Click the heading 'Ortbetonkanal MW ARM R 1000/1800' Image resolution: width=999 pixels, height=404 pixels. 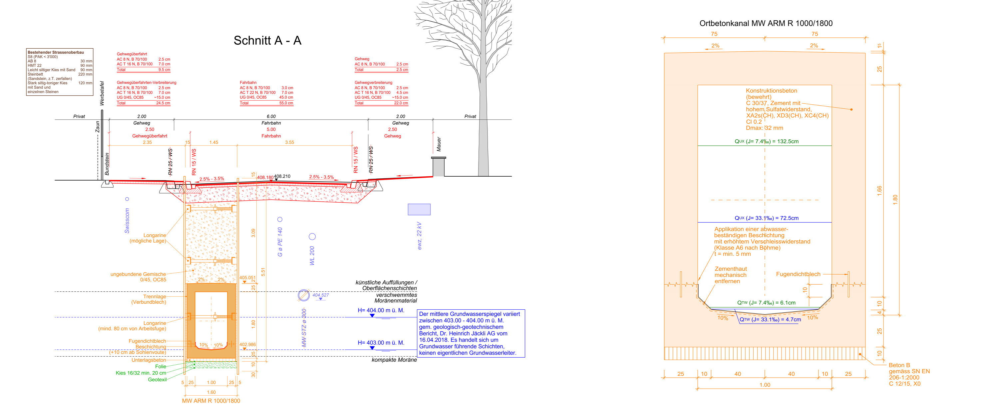[x=766, y=23]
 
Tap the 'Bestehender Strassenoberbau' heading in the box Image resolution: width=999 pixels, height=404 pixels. [x=56, y=52]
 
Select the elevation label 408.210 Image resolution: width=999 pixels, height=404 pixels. [x=282, y=176]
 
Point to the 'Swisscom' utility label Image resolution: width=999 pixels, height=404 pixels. [x=127, y=220]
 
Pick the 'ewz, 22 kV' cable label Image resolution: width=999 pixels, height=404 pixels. [x=419, y=236]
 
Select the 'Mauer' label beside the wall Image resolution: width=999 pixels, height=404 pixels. [x=439, y=144]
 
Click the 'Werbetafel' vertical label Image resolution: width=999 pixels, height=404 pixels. [x=102, y=93]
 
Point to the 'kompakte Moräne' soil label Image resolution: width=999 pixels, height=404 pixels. [x=394, y=360]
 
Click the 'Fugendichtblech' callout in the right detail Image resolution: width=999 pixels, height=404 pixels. [x=798, y=274]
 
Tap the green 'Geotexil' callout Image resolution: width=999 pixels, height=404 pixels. [x=157, y=380]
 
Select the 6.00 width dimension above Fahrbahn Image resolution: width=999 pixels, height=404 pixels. [x=271, y=116]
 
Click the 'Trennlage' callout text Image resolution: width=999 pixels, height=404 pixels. [x=155, y=296]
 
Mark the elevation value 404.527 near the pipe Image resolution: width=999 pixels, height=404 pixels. [x=320, y=295]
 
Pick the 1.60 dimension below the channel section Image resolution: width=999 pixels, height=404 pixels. [x=211, y=392]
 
